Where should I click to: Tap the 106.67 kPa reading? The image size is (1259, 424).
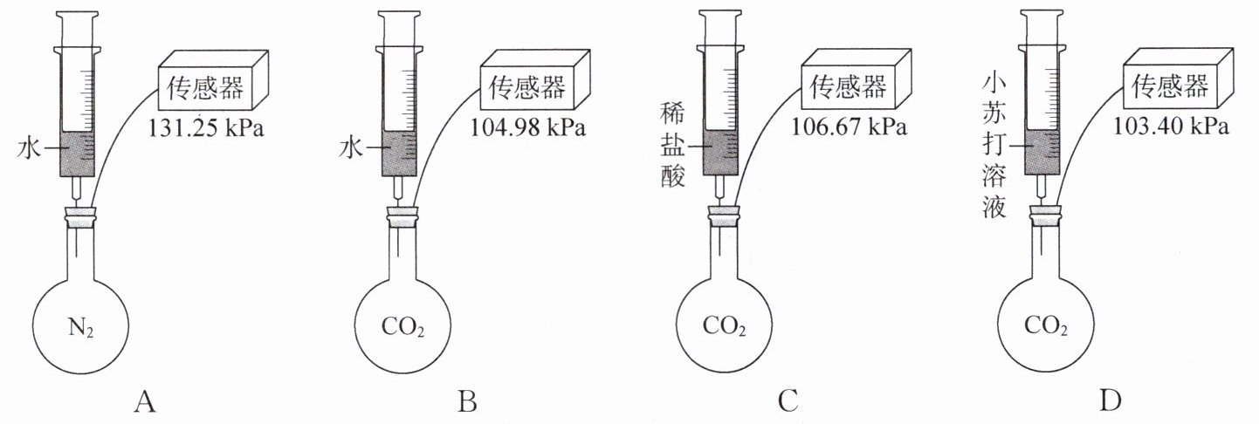849,127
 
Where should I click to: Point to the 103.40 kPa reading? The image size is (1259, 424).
1172,127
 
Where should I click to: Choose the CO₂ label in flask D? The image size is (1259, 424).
1045,328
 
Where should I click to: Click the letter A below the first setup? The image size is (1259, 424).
145,402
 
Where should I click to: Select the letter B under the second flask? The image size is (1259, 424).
467,402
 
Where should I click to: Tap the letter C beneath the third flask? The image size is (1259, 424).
788,402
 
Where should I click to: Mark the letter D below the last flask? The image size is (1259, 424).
1110,402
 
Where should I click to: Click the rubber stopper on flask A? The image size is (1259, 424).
81,218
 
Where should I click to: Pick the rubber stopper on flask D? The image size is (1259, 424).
1043,215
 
